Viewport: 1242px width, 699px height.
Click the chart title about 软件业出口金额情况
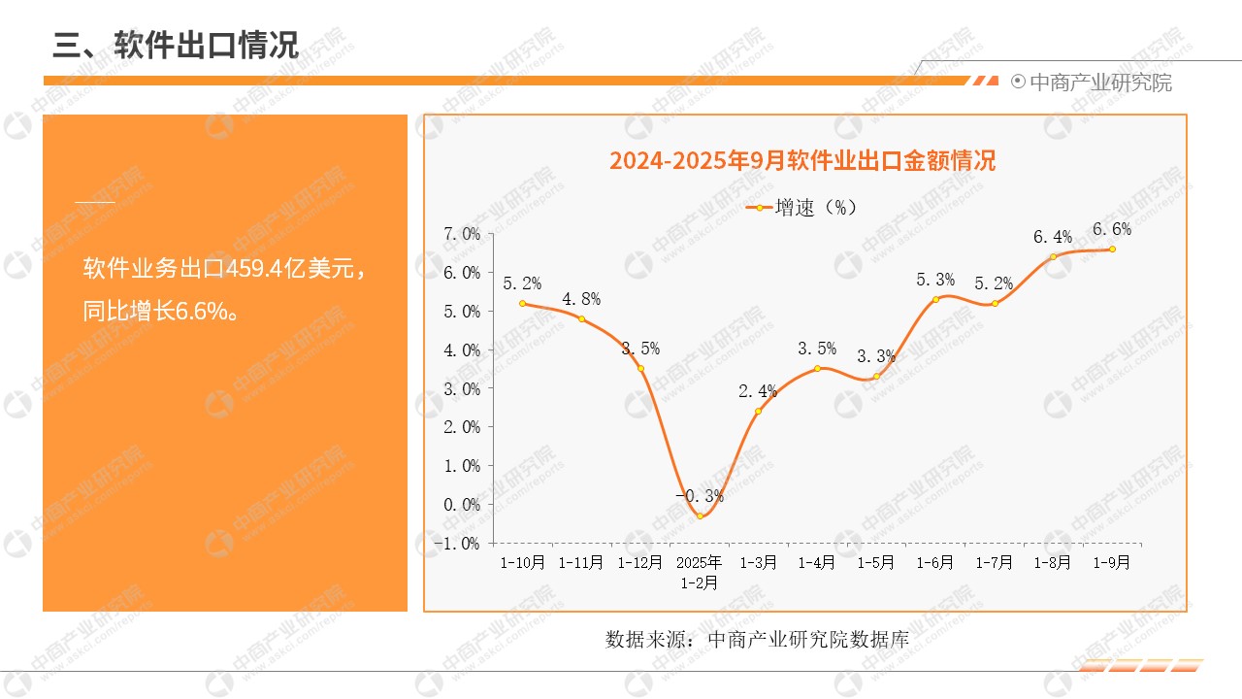pos(802,161)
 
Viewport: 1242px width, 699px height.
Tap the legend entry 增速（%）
pos(802,207)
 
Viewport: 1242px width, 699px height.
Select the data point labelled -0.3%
pos(700,516)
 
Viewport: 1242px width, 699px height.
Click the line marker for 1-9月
pos(1112,249)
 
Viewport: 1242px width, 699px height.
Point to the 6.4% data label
pos(1053,237)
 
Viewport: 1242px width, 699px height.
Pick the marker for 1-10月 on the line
pos(522,303)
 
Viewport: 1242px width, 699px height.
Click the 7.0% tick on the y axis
pos(461,234)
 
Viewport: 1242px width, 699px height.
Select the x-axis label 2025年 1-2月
pos(699,573)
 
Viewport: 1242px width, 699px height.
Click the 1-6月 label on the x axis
pos(934,562)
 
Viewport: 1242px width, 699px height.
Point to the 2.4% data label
pos(758,392)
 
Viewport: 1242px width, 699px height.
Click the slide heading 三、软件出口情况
pos(176,45)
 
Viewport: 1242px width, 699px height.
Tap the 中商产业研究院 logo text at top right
pos(1099,83)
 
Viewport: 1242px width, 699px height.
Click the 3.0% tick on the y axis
pos(461,389)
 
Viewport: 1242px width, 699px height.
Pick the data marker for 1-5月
pos(876,377)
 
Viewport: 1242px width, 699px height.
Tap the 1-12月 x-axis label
pos(639,562)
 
